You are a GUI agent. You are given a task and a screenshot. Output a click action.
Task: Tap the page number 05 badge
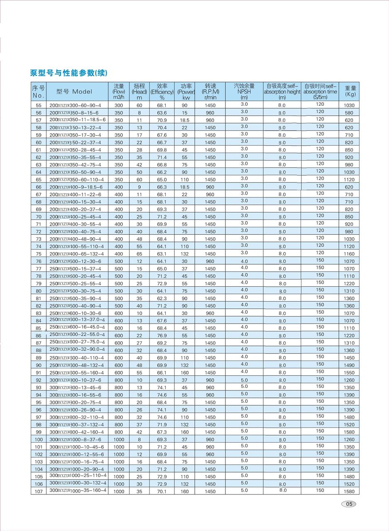click(x=349, y=504)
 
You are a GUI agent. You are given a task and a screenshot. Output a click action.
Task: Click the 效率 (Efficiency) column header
click(x=162, y=92)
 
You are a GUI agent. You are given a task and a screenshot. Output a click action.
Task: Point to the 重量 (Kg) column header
click(x=350, y=91)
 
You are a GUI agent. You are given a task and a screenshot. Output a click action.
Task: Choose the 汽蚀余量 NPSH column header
click(x=244, y=92)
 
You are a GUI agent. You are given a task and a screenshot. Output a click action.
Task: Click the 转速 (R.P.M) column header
click(x=210, y=92)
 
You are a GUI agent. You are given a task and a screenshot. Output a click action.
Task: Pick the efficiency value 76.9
click(x=162, y=336)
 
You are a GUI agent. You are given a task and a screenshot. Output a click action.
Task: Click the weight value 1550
click(x=349, y=373)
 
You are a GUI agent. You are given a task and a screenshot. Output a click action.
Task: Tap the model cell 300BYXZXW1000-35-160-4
click(x=78, y=490)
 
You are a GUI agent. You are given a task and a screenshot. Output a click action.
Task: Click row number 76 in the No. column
click(x=39, y=261)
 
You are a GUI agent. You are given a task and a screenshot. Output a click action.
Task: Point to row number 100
click(x=39, y=440)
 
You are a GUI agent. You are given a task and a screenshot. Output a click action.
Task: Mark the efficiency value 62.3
click(x=162, y=299)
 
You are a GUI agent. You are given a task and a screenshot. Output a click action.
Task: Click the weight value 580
click(x=349, y=113)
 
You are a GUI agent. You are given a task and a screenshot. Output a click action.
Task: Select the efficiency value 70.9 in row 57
click(x=162, y=120)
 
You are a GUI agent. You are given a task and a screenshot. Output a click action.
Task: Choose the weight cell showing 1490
click(x=349, y=365)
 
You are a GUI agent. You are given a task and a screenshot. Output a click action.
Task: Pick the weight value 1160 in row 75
click(x=349, y=254)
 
